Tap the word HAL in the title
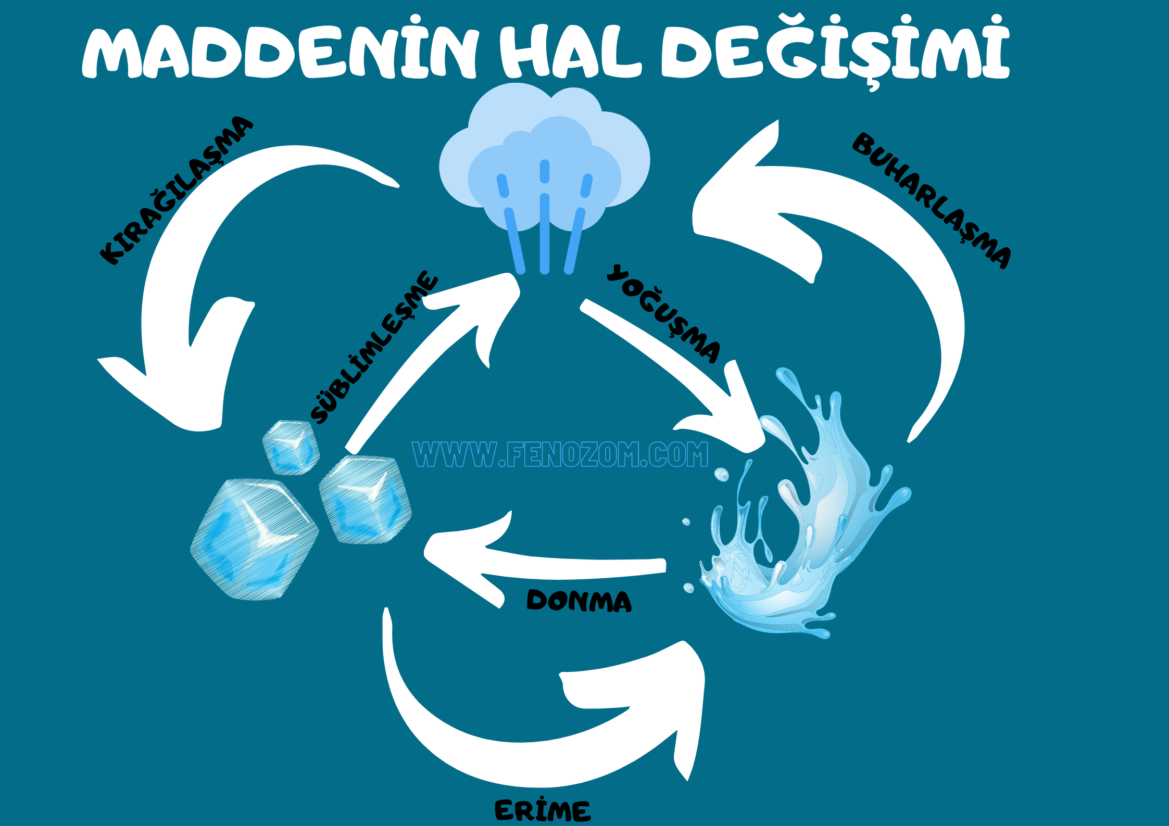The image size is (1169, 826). (x=570, y=52)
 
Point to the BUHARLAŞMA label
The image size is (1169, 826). (x=932, y=200)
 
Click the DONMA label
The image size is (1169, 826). (x=579, y=601)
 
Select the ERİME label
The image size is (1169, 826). (x=542, y=811)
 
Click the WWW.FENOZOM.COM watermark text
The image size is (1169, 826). (x=560, y=454)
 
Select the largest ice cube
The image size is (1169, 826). (x=255, y=539)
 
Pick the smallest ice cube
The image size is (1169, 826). (x=291, y=447)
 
